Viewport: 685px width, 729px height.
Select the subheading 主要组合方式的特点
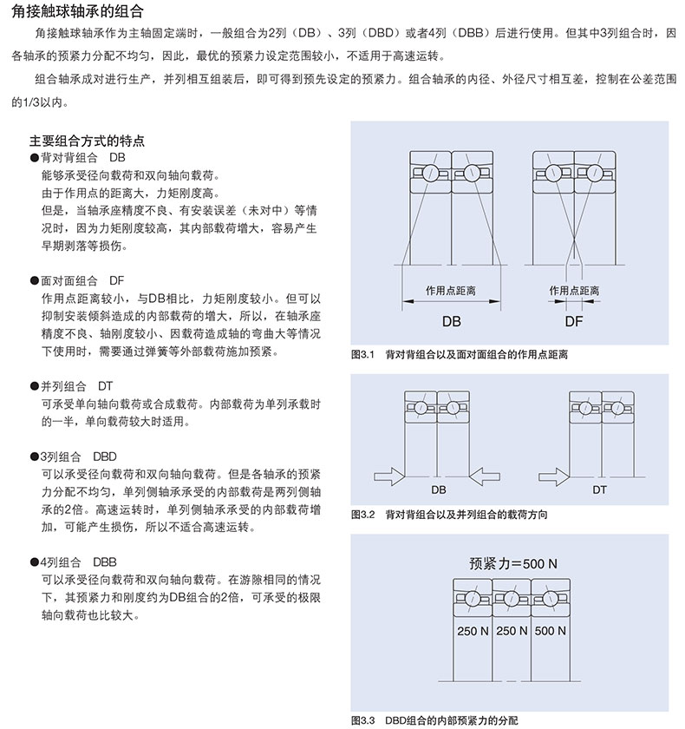pyautogui.click(x=87, y=140)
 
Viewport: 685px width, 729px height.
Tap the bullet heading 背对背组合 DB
pyautogui.click(x=82, y=159)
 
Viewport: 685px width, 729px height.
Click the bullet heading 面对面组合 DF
pyautogui.click(x=82, y=282)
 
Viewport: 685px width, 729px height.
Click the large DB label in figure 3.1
pyautogui.click(x=452, y=321)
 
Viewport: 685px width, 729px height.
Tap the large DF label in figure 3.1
pyautogui.click(x=574, y=321)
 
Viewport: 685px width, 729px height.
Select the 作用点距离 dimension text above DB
pyautogui.click(x=451, y=290)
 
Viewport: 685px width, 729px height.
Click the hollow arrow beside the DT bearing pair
pyautogui.click(x=553, y=476)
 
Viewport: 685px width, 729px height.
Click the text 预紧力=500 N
pyautogui.click(x=513, y=563)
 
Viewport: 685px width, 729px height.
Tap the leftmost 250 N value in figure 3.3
pyautogui.click(x=473, y=631)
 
